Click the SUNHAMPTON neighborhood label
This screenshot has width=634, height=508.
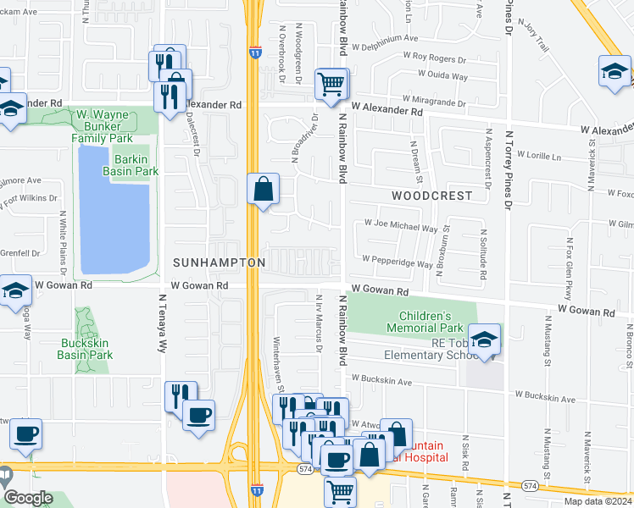tap(220, 263)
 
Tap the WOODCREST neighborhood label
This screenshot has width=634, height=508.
tap(431, 195)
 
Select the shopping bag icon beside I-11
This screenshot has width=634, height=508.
tap(264, 188)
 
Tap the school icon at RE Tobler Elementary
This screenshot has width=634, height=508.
tap(484, 340)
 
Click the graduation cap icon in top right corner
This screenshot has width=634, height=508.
tap(615, 71)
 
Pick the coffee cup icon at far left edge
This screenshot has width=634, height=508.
tap(25, 434)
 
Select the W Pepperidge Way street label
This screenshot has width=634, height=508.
tap(398, 262)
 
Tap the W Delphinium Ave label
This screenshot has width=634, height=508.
tap(387, 38)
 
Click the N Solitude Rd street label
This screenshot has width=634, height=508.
tap(483, 254)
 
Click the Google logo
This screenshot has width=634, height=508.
tap(29, 498)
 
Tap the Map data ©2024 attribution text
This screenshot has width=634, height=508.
tap(598, 501)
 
